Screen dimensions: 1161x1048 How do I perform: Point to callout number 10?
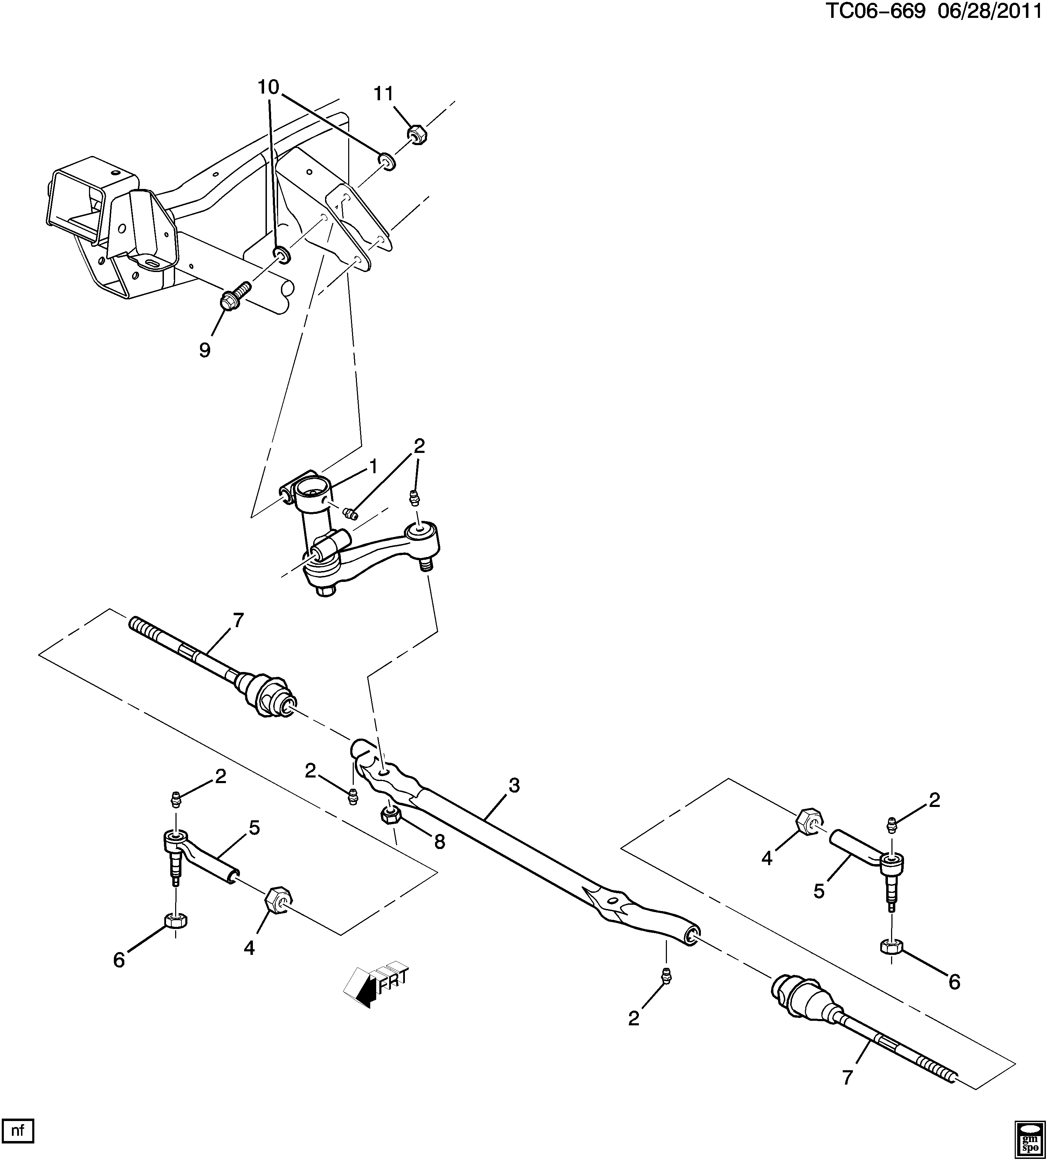point(268,88)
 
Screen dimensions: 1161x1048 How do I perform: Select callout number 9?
point(205,349)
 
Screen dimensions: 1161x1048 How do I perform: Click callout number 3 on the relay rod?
point(514,785)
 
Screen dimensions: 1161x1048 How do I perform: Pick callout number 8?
point(440,842)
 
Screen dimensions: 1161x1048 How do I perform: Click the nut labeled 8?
point(391,815)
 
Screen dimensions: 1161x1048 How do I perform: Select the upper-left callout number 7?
point(238,620)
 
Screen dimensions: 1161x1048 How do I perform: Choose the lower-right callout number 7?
point(847,1076)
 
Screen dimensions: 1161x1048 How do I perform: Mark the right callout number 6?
point(954,981)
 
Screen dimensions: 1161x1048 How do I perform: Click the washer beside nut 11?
point(387,161)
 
